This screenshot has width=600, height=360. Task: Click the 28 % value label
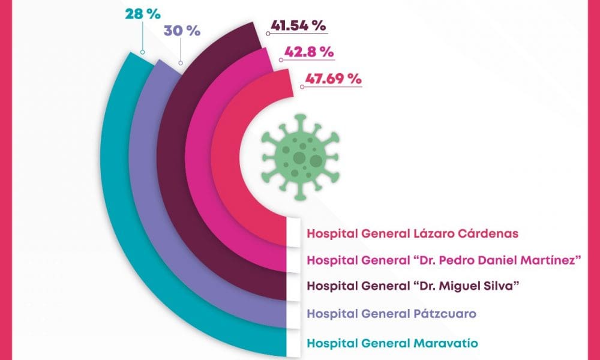click(x=142, y=13)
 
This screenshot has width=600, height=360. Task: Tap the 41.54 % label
click(x=298, y=26)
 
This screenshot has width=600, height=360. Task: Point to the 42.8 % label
click(x=308, y=52)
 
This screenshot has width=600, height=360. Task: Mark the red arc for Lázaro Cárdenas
click(x=225, y=180)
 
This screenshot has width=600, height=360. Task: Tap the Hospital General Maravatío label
click(x=392, y=343)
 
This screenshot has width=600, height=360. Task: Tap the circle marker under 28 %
click(x=142, y=52)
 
